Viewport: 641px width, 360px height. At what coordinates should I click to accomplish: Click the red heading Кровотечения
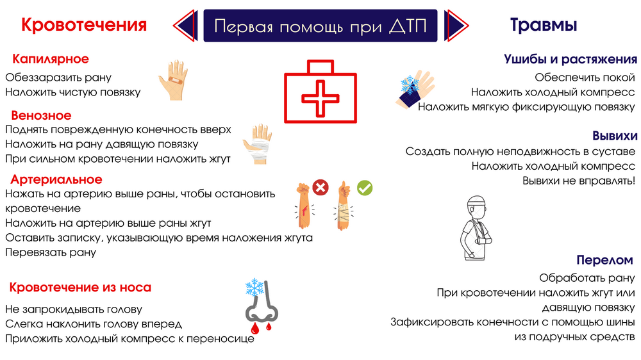point(84,25)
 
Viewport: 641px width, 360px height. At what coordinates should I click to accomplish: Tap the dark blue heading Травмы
point(544,25)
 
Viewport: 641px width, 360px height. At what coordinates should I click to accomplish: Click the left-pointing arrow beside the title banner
point(185,26)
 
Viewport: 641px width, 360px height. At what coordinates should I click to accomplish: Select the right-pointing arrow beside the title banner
point(456,26)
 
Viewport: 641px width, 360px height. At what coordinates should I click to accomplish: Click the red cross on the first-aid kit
point(320,98)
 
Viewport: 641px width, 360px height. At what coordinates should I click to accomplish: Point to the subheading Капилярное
point(51,59)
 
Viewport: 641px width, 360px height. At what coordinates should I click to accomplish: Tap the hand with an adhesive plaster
point(173,80)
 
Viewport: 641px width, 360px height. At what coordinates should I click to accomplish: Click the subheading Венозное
point(41,116)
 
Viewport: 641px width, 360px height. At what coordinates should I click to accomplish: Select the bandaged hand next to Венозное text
point(257,144)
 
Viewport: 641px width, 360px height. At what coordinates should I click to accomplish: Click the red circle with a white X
point(320,188)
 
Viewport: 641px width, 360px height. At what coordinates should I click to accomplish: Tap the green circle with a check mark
point(365,188)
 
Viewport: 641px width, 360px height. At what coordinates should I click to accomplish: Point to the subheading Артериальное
point(56,179)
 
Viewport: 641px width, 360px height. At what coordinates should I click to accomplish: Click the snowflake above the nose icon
point(254,288)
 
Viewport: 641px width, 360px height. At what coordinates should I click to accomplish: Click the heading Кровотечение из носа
point(80,287)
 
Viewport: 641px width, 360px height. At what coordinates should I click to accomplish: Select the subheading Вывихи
point(615,136)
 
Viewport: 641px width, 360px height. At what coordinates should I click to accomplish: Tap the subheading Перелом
point(604,260)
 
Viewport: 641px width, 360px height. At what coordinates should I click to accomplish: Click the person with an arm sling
point(476,227)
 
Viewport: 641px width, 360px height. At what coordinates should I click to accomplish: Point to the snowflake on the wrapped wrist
point(410,85)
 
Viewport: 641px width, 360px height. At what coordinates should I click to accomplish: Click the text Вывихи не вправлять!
point(579,181)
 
